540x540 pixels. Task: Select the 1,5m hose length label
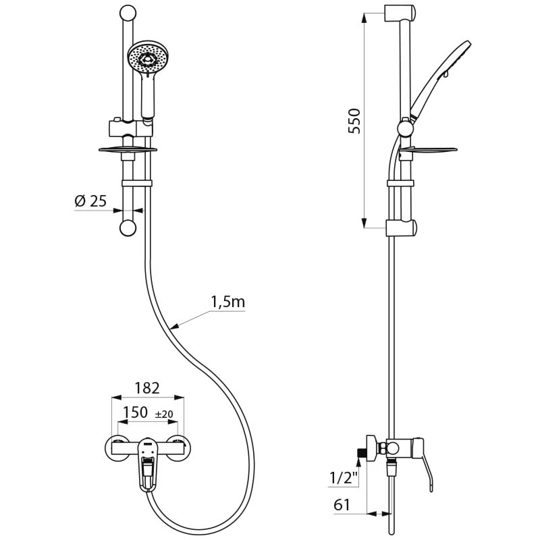[x=227, y=302]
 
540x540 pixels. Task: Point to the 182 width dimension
[x=146, y=388]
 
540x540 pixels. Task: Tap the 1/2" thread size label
[x=343, y=479]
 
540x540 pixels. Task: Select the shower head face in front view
[x=148, y=58]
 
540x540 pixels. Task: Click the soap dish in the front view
[x=128, y=149]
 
